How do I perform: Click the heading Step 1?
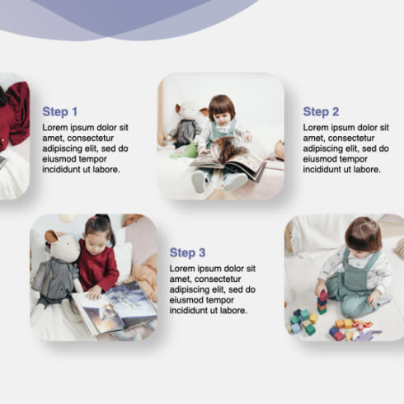(60, 111)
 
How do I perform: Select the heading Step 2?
(321, 111)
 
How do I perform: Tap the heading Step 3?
(188, 252)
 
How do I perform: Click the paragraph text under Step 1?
(86, 148)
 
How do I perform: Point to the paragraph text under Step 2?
(345, 148)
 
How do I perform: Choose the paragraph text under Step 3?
(213, 289)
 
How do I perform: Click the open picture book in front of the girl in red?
(115, 309)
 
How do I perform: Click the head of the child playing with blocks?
(364, 234)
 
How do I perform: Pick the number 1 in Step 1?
(75, 111)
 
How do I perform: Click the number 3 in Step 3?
(203, 252)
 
